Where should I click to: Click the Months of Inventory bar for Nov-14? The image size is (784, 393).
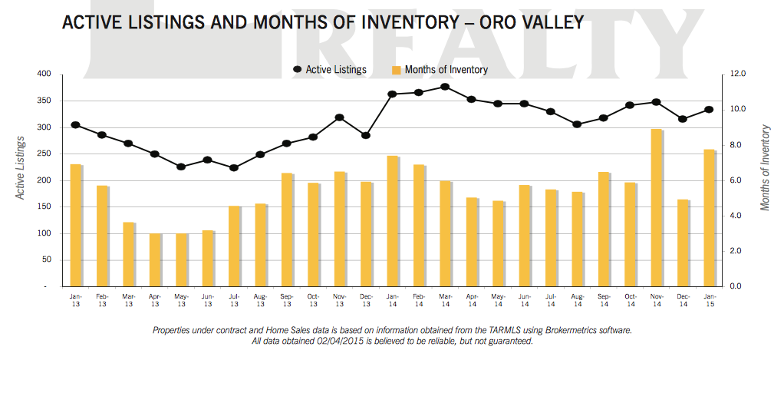[656, 208]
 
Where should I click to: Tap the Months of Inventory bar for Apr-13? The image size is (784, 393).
[155, 259]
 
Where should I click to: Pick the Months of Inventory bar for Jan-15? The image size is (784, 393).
[709, 218]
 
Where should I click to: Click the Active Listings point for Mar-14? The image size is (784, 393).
[445, 87]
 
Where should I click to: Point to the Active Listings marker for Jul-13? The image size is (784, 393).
[234, 167]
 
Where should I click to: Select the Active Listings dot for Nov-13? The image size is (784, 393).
[339, 117]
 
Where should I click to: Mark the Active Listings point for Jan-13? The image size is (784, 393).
[75, 124]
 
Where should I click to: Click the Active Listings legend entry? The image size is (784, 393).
[331, 70]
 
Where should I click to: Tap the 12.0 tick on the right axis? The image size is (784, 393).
[739, 74]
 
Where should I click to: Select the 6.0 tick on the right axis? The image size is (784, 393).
[739, 180]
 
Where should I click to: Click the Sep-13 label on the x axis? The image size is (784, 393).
[287, 299]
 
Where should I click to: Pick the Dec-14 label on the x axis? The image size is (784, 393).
[683, 299]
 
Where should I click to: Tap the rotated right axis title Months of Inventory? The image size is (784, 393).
[765, 167]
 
